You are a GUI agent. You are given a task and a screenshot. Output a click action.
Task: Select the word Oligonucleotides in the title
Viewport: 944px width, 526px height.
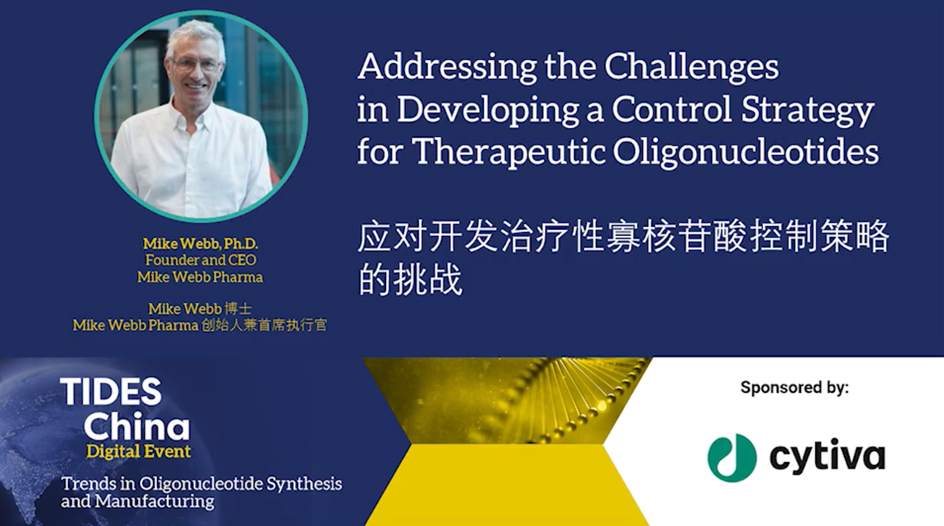coord(746,151)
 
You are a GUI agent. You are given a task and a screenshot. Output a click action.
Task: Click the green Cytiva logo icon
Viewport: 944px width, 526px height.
coord(732,458)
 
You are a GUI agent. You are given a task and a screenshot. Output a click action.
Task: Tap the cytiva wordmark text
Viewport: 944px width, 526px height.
coord(827,456)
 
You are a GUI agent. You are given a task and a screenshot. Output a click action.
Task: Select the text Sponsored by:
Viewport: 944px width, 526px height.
coord(794,387)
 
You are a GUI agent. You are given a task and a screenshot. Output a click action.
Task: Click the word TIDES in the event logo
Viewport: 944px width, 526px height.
coord(111,391)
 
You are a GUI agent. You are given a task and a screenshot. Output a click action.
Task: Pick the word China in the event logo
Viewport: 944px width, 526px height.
coord(137,426)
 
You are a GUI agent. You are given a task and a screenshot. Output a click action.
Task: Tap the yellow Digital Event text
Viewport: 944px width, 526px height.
coord(138,452)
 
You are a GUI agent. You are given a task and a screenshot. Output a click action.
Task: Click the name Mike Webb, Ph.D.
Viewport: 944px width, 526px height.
coord(200,243)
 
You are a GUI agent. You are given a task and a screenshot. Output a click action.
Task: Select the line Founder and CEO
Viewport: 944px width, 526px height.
coord(201,260)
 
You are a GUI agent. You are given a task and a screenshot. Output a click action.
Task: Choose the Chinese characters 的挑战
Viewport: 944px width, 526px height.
coord(410,280)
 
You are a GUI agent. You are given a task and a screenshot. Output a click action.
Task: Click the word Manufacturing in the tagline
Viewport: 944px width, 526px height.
coord(155,501)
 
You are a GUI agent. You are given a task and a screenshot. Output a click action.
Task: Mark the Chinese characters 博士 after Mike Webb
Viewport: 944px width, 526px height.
coord(238,309)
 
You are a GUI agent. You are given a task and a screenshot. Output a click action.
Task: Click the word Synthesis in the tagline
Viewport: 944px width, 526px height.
coord(304,484)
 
